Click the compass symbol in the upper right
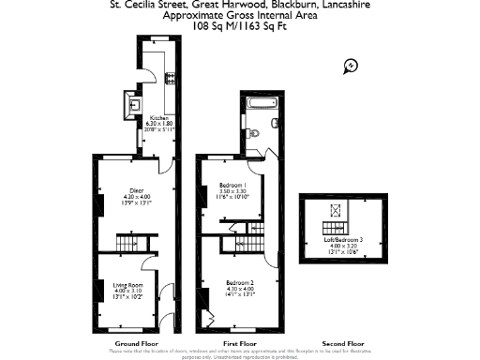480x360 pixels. tap(351, 65)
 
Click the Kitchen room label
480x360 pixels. tap(159, 117)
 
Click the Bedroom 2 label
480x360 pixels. tap(239, 281)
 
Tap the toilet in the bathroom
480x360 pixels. tap(273, 123)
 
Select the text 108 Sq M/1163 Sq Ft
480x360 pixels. tap(239, 27)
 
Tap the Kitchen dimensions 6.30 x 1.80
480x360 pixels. tap(160, 123)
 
